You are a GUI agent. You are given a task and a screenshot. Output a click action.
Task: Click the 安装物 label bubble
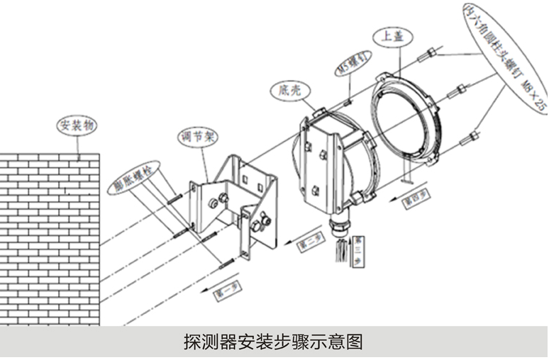[77, 125]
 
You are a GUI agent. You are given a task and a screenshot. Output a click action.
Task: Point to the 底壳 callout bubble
[288, 90]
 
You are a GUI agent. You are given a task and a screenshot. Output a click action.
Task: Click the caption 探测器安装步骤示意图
[273, 342]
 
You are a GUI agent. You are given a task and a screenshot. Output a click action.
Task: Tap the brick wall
[50, 241]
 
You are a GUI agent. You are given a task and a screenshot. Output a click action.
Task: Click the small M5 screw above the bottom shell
[348, 101]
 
